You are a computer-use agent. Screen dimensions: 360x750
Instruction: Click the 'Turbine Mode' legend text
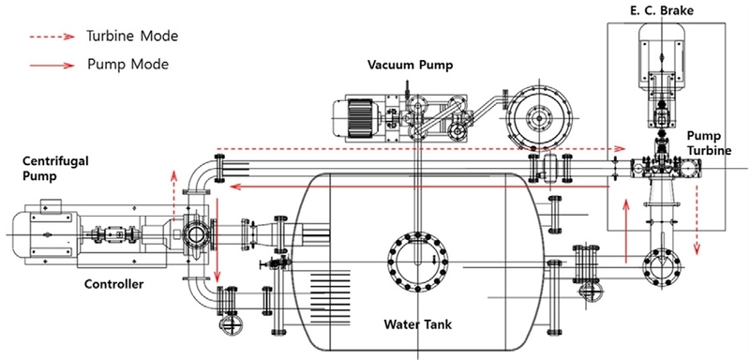coord(131,37)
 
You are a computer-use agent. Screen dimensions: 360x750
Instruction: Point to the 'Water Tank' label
coord(418,325)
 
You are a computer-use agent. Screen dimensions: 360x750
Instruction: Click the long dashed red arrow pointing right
coord(422,148)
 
